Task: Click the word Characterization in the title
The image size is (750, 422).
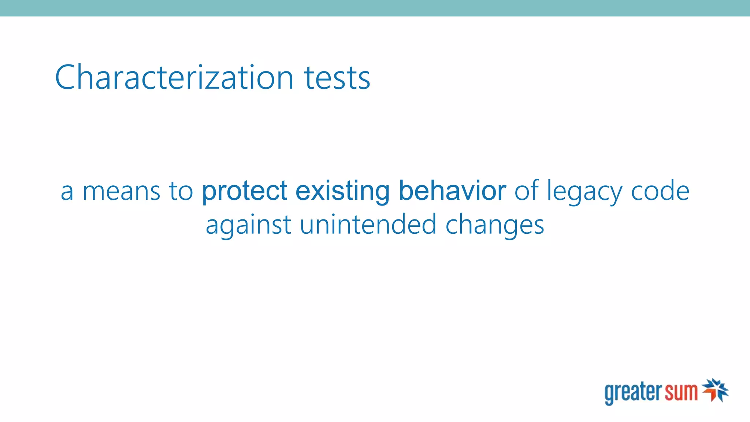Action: coord(174,77)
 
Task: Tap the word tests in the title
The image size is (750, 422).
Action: coord(337,78)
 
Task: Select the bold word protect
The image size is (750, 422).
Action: coord(245,191)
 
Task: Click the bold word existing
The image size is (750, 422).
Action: coord(342,191)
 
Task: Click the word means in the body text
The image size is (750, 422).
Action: coord(122,191)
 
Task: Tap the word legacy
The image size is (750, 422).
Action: coord(584,191)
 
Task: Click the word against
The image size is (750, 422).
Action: coord(248,225)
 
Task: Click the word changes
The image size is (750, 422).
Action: coord(494,225)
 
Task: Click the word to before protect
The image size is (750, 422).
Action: coord(181,191)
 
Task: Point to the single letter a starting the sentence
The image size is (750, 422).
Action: coord(67,192)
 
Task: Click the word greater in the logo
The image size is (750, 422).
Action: coord(633,392)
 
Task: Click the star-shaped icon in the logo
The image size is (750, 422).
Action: coord(715,390)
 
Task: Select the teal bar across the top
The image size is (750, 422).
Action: coord(375,8)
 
